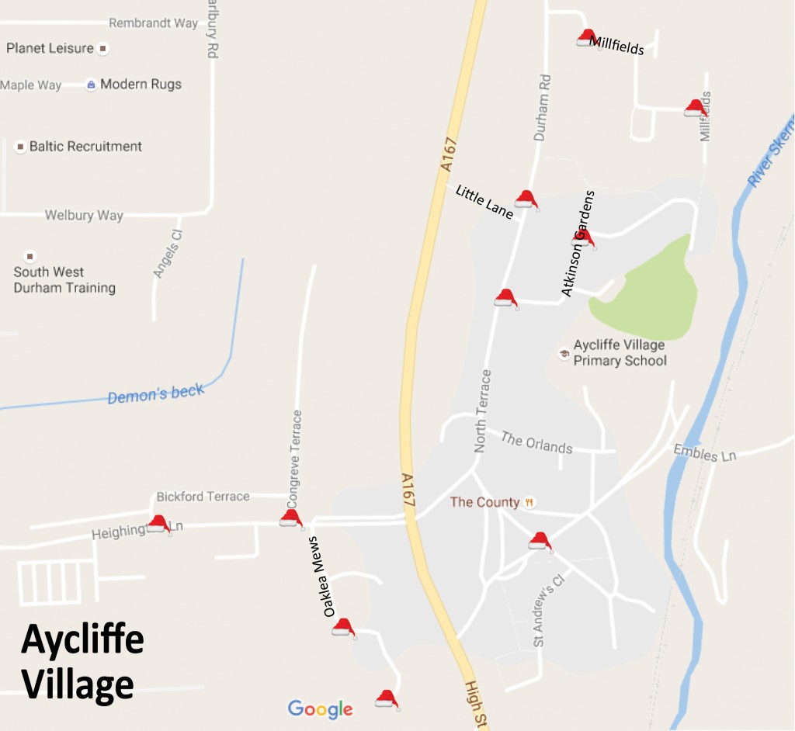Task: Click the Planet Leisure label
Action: click(x=50, y=48)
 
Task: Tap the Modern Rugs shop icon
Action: click(x=92, y=84)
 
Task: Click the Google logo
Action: click(x=320, y=708)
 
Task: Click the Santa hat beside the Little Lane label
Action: click(x=526, y=199)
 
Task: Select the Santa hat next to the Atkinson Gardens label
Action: click(x=584, y=238)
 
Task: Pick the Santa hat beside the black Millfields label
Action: click(x=587, y=37)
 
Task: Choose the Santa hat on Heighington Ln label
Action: click(x=158, y=524)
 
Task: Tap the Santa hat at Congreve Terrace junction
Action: click(x=291, y=518)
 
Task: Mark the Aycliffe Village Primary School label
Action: click(x=620, y=353)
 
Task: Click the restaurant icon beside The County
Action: click(x=529, y=502)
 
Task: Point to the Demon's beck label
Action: click(x=155, y=394)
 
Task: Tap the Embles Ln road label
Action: click(x=704, y=452)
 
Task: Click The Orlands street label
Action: click(x=536, y=442)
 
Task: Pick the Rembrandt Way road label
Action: click(x=153, y=23)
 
